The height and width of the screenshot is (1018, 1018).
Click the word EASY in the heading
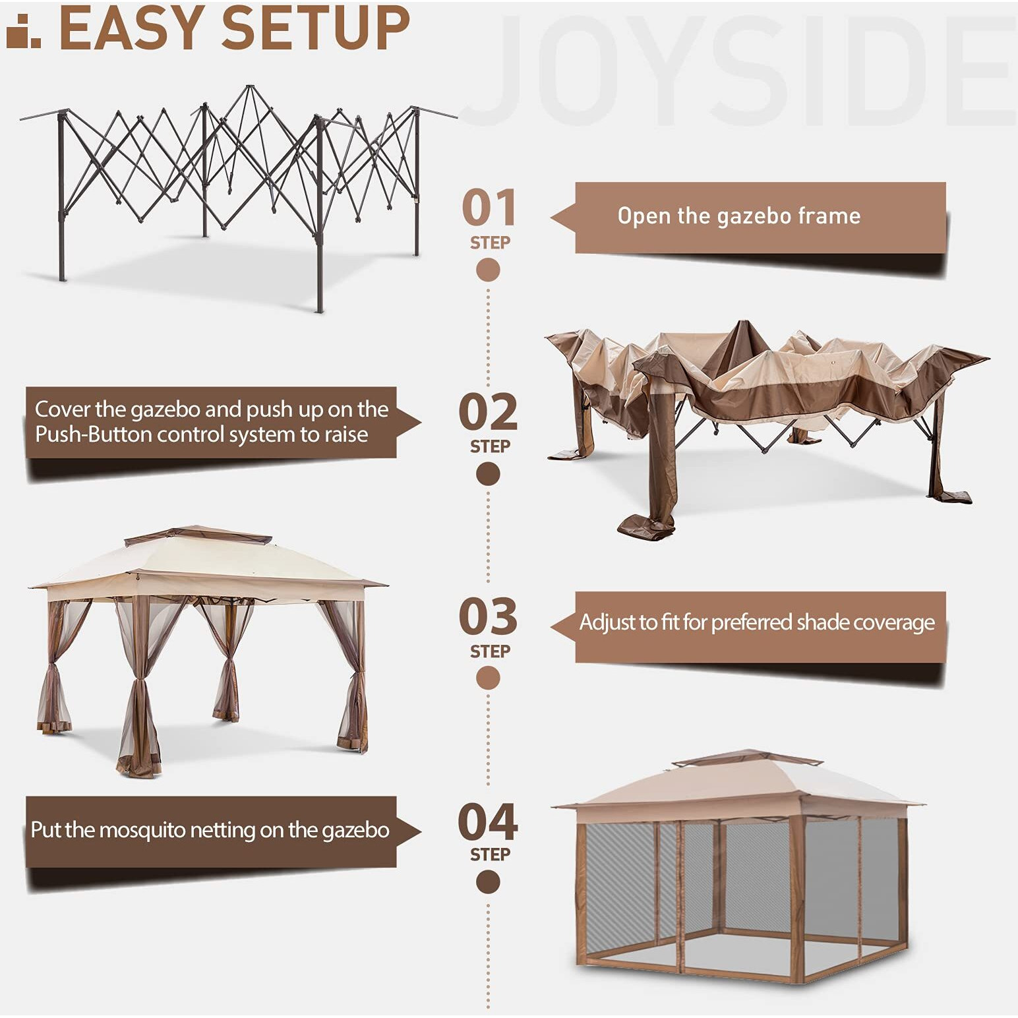[132, 28]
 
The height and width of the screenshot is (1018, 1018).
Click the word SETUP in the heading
[315, 28]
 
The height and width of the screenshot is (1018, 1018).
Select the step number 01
[489, 208]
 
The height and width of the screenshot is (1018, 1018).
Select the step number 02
[488, 413]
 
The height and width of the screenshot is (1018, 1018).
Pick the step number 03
[488, 617]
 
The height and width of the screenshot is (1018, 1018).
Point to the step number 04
[488, 822]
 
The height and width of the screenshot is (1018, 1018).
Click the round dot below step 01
[488, 270]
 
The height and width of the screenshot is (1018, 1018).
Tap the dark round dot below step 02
[488, 474]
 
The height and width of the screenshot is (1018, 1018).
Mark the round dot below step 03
[488, 678]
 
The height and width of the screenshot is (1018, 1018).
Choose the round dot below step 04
[488, 882]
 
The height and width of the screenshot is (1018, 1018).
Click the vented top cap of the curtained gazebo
[198, 535]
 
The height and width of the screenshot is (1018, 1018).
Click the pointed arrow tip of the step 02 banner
[418, 423]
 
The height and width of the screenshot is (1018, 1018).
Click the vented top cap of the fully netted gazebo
[747, 758]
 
